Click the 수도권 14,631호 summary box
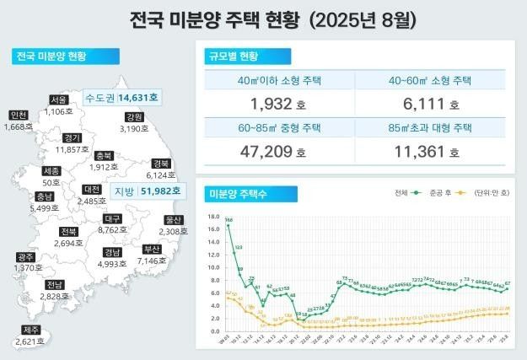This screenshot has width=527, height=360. [121, 98]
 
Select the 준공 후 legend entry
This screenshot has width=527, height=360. [445, 193]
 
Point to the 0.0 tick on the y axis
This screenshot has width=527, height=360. [212, 330]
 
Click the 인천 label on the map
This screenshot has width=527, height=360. [19, 116]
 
